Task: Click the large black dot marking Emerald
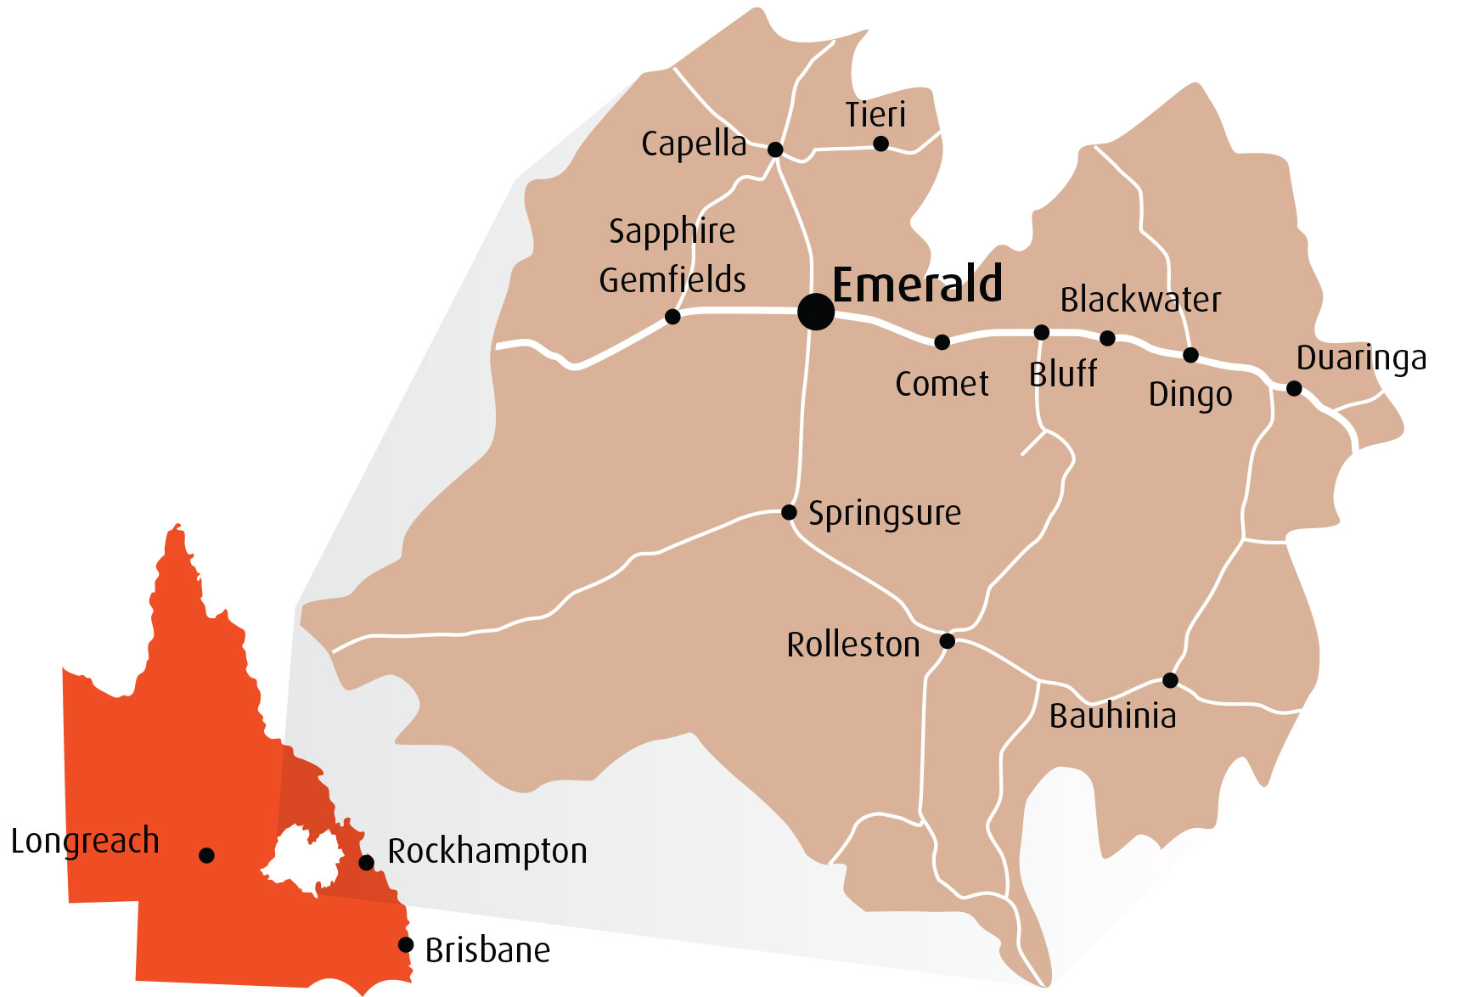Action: (x=815, y=312)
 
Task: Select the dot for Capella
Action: (x=774, y=149)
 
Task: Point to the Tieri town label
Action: (x=875, y=115)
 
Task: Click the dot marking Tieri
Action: (x=880, y=144)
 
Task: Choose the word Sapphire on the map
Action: (x=672, y=231)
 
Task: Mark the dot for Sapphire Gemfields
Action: (x=672, y=317)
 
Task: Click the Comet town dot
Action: (x=942, y=342)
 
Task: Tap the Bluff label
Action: (x=1062, y=374)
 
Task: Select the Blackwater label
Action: (x=1140, y=300)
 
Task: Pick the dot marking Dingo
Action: (x=1190, y=355)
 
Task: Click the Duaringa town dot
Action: (x=1293, y=388)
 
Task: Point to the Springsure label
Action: (x=884, y=514)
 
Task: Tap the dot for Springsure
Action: (x=789, y=512)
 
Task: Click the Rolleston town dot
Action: (x=947, y=641)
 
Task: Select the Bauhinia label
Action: (x=1112, y=716)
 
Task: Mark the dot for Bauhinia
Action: (x=1170, y=680)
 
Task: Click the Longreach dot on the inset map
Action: (x=206, y=855)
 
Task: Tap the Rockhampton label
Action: (x=487, y=851)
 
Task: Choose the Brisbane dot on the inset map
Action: (x=406, y=944)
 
